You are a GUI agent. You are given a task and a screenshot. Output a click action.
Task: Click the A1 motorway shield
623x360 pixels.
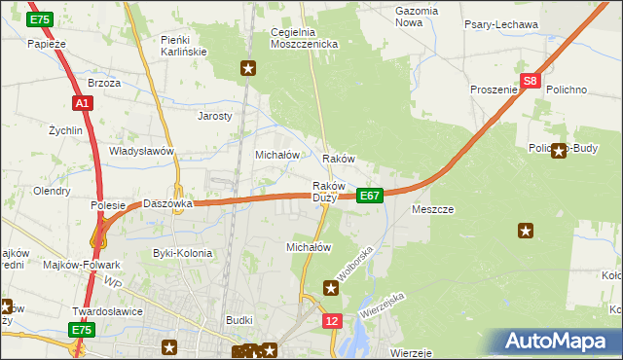[x=82, y=102]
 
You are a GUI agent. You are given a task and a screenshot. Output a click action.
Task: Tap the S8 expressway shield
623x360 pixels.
[x=530, y=83]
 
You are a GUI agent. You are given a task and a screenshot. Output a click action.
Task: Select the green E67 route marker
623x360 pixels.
[x=369, y=196]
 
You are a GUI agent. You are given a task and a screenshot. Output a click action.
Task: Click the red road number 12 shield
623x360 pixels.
[x=333, y=320]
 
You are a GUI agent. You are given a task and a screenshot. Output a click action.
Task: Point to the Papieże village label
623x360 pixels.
[x=47, y=44]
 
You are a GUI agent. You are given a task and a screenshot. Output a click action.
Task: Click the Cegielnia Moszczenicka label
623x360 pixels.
[x=303, y=38]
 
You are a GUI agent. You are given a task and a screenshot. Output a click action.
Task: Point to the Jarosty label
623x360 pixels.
[x=215, y=115]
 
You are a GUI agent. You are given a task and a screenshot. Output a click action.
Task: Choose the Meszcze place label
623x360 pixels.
[x=433, y=209]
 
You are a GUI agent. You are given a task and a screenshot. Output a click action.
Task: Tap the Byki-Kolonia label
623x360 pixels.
[x=182, y=253]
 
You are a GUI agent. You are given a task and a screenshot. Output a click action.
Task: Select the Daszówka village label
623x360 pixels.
[x=168, y=204]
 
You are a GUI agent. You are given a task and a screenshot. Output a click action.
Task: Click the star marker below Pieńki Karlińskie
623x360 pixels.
[x=249, y=68]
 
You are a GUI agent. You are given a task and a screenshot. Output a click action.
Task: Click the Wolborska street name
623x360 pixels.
[x=355, y=263]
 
